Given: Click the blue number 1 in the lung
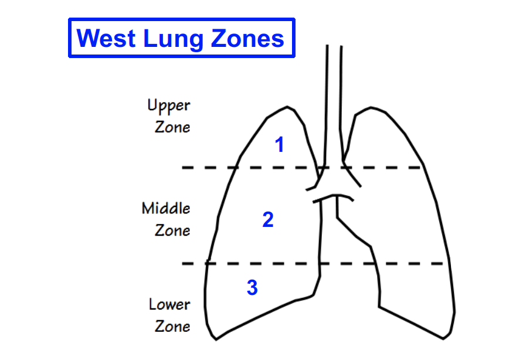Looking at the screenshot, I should (x=280, y=145).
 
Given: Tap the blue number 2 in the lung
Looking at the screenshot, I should (x=268, y=220).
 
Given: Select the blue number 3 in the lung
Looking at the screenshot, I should (x=252, y=288).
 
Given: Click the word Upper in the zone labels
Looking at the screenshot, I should (x=169, y=107).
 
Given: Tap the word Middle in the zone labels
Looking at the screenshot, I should (x=166, y=208).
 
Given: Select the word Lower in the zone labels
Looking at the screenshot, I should (x=169, y=305).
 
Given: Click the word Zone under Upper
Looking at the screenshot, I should (x=172, y=127).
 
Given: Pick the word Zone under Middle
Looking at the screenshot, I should (x=172, y=230).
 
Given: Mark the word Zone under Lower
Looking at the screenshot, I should (x=172, y=326).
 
